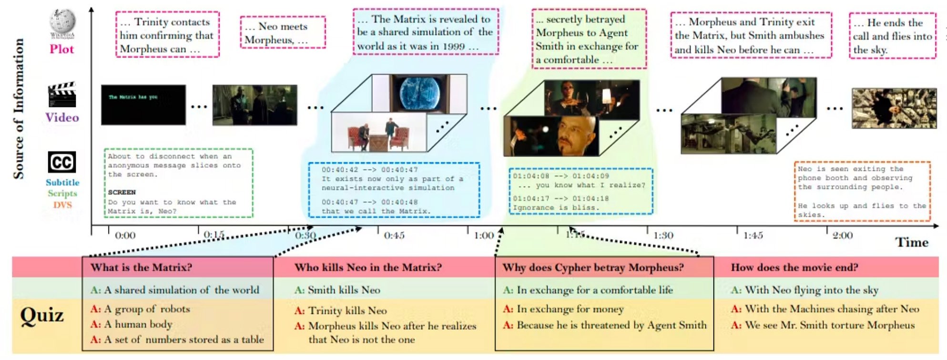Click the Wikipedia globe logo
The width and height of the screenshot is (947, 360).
(x=62, y=22)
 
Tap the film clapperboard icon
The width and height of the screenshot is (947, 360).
(x=62, y=95)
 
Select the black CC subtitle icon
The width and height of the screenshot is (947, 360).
(x=62, y=162)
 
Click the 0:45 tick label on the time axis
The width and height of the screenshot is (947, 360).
(x=394, y=236)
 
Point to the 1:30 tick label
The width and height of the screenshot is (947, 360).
(x=663, y=236)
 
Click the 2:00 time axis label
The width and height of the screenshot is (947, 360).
(x=843, y=236)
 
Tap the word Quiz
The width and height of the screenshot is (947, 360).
(x=42, y=315)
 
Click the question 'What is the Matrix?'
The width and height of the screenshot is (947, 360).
(x=142, y=267)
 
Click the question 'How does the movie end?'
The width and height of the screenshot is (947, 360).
(x=794, y=267)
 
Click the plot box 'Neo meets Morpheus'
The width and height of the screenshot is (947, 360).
(x=283, y=32)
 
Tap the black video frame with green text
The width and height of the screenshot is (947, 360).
(x=143, y=105)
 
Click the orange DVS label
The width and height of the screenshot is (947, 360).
(x=62, y=205)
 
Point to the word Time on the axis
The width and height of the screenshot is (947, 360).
(x=912, y=242)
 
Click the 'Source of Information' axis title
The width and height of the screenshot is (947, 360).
(x=19, y=109)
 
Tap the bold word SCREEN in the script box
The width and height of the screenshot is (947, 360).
(x=122, y=192)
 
